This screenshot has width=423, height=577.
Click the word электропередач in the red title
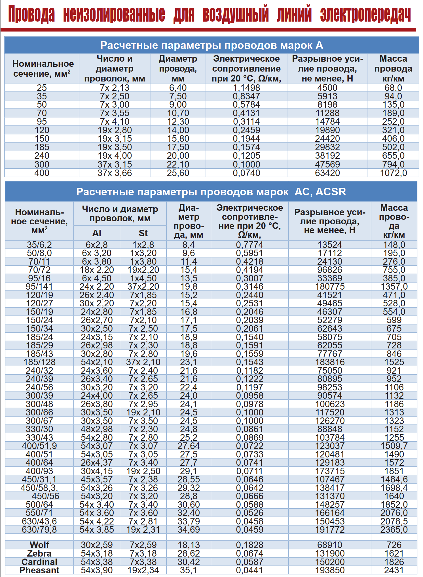coord(365,14)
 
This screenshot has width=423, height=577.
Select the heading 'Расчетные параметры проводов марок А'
coord(212,45)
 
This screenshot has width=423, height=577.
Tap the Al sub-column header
coord(97,233)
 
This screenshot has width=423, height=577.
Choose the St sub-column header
coord(143,233)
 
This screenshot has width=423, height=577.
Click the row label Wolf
coord(39,545)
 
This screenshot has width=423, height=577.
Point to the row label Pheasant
coord(39,570)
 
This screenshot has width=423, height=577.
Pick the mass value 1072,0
coord(393,173)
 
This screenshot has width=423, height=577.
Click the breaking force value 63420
coord(327,173)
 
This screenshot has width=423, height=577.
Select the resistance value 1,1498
coord(246,88)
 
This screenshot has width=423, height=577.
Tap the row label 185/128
coord(39,362)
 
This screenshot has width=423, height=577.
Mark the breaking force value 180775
coord(330,287)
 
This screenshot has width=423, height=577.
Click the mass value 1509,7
coord(394,446)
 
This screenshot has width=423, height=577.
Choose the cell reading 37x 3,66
coord(115,173)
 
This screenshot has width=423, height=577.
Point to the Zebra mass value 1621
coord(394,553)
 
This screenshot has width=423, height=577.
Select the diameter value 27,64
coord(189,446)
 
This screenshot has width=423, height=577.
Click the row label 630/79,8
coord(39,530)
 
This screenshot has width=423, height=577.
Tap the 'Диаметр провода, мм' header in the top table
coord(178,68)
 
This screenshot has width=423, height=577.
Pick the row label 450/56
coord(45,496)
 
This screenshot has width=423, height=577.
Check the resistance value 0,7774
coord(249,245)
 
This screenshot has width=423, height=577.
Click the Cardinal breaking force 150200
coord(330,562)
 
